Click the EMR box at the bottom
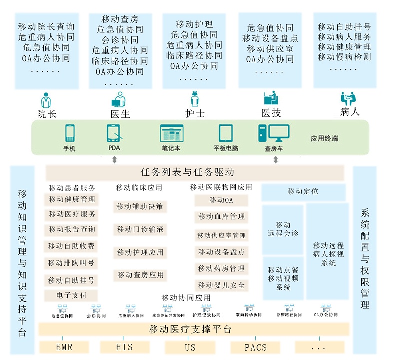click(64, 347)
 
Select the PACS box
click(255, 347)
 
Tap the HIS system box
click(124, 347)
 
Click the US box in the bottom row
click(190, 347)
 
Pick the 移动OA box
click(221, 200)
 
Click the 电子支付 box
click(71, 295)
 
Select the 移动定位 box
click(303, 192)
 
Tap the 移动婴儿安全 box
click(221, 285)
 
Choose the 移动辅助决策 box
click(140, 206)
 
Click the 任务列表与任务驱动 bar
click(195, 173)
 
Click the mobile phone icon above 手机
click(70, 133)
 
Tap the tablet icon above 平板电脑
click(226, 133)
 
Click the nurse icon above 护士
click(195, 98)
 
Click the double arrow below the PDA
click(115, 160)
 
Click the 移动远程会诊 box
click(283, 229)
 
